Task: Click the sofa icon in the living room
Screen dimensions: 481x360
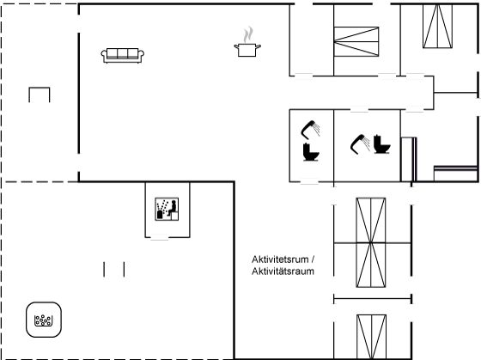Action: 123,56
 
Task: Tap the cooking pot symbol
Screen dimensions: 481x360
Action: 247,50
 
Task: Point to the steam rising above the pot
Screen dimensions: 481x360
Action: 248,34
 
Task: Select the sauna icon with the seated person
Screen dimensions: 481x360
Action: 167,209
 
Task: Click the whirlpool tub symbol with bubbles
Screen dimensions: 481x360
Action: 44,320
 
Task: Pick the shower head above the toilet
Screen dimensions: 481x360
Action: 310,129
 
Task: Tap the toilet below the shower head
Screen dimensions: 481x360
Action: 311,152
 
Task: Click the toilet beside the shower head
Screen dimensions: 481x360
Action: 381,144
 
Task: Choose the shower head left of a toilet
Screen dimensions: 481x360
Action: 360,144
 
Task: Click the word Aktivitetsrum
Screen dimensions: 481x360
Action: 280,259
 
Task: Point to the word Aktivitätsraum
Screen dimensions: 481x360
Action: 283,272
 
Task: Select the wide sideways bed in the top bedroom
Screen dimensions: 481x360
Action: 356,42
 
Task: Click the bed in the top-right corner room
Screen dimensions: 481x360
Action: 437,26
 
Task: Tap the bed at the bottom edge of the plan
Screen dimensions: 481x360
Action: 371,337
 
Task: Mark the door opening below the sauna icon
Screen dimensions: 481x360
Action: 160,237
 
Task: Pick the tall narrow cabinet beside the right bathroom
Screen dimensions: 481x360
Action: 409,159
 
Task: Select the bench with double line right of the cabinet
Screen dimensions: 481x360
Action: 455,174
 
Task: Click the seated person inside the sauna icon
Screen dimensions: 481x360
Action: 173,208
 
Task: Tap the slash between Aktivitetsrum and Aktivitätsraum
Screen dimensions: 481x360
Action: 313,259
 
